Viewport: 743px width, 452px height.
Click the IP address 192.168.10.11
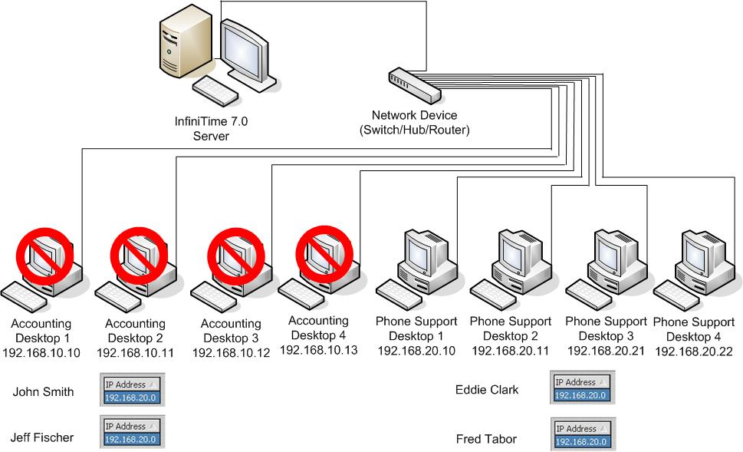click(x=135, y=352)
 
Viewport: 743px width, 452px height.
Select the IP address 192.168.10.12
click(x=231, y=352)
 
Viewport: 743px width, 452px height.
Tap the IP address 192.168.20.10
click(x=416, y=350)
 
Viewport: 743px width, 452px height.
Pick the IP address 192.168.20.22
click(x=696, y=351)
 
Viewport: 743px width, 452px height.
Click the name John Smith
click(x=43, y=392)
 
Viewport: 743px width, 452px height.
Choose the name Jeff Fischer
click(x=42, y=437)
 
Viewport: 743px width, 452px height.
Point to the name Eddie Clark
click(x=486, y=390)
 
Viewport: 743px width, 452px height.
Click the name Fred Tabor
click(x=485, y=439)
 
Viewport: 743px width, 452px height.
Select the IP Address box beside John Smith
click(x=130, y=391)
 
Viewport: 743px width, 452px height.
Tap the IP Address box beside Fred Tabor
click(x=580, y=435)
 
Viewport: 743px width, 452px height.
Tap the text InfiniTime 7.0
click(x=211, y=122)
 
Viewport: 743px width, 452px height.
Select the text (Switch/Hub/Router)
click(x=414, y=130)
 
